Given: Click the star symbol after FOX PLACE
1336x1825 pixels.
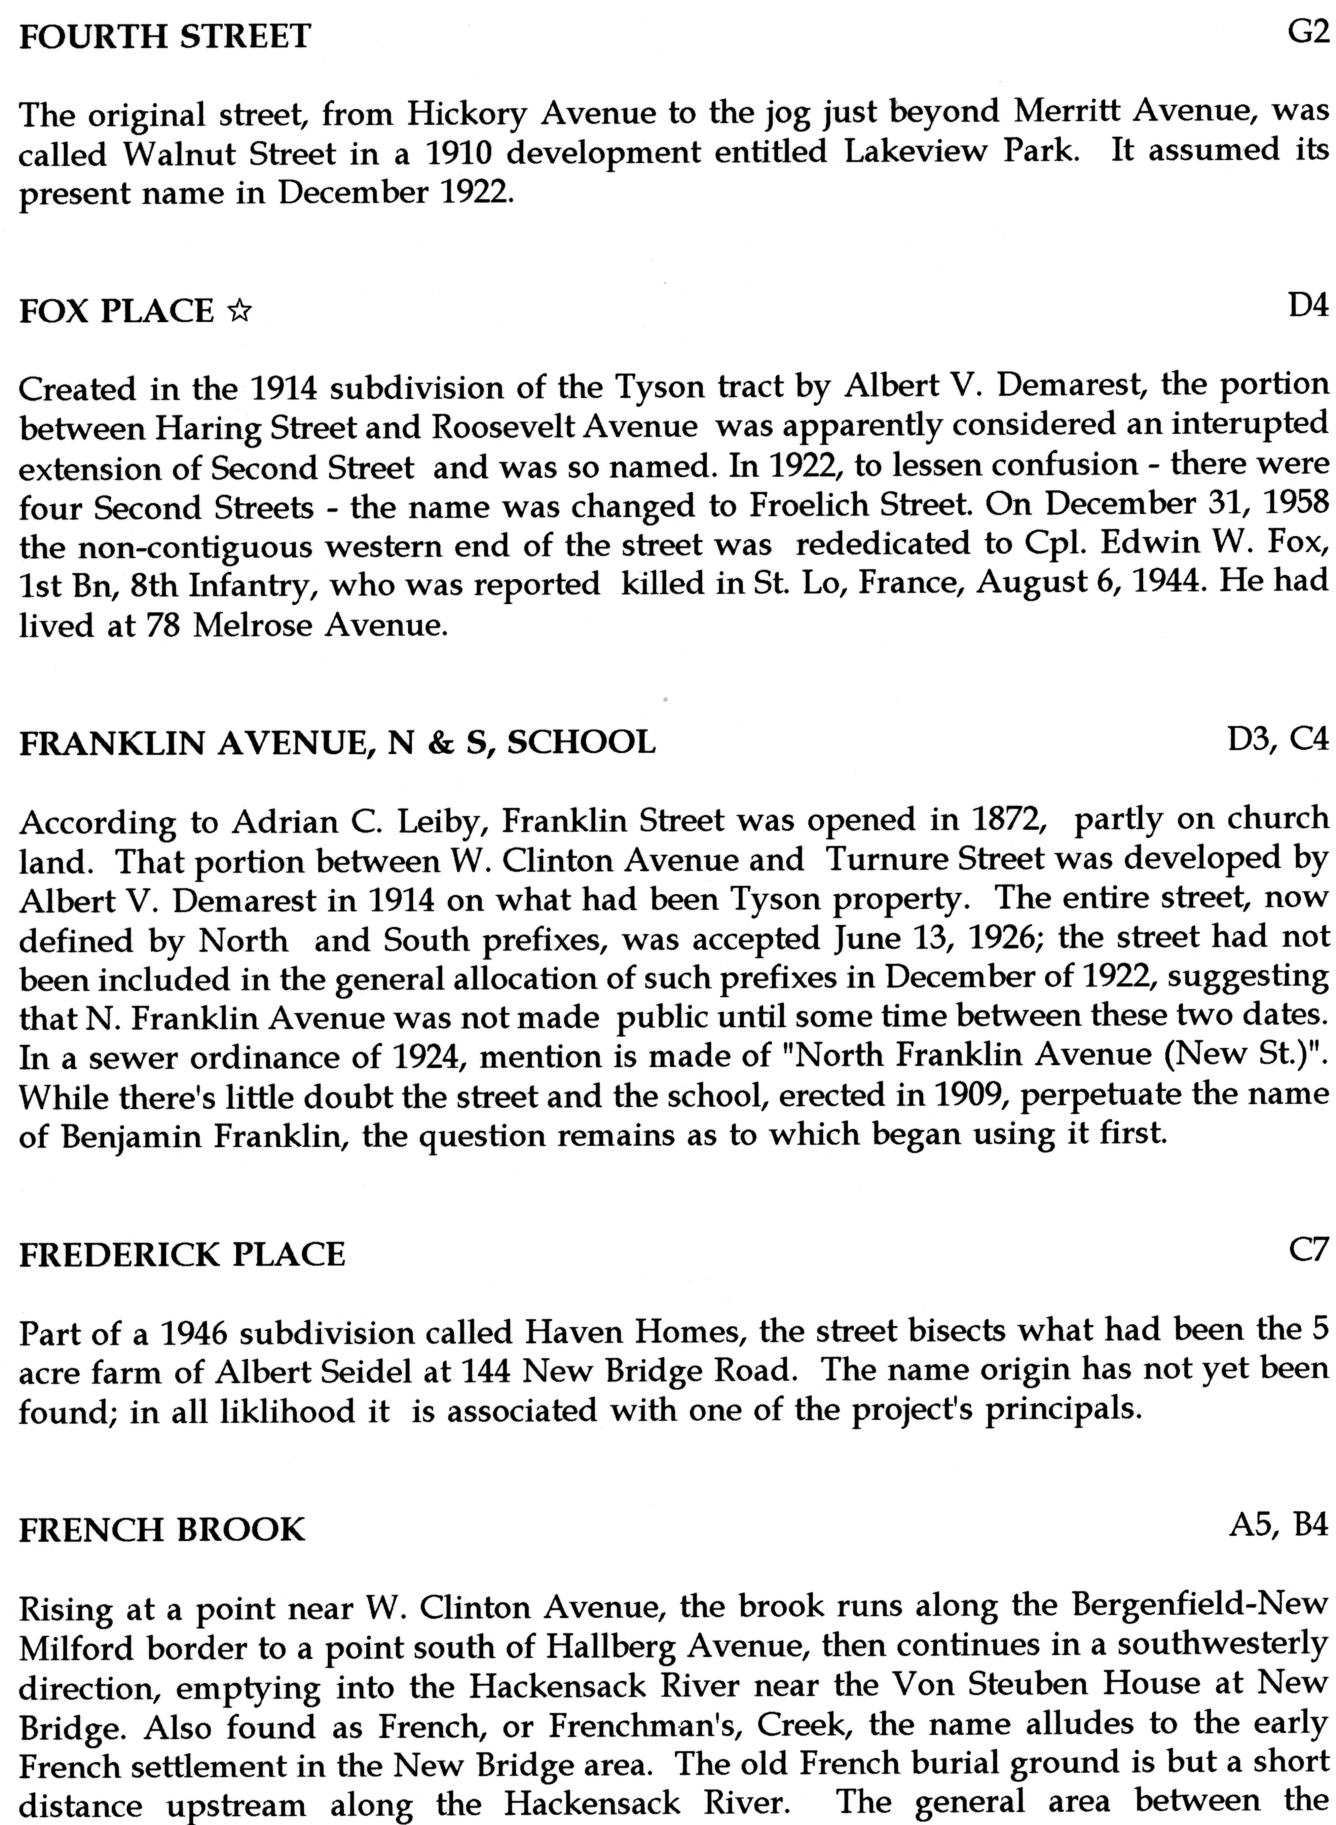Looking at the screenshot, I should coord(238,312).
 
